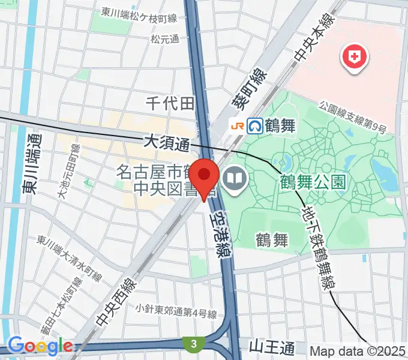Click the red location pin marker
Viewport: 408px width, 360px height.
pos(205,177)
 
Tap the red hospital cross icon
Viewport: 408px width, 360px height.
pos(355,58)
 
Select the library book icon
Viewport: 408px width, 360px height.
pos(233,178)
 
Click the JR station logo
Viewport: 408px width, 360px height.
pos(238,125)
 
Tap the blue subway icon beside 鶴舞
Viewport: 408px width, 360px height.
pos(256,125)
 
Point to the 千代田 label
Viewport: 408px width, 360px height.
pos(171,103)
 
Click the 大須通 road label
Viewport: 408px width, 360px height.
pos(166,143)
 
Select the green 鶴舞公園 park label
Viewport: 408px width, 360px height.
pos(313,181)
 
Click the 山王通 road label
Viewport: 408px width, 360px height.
pos(272,347)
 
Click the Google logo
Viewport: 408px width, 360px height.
pos(40,346)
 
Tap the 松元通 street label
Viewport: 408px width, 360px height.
pos(165,40)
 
